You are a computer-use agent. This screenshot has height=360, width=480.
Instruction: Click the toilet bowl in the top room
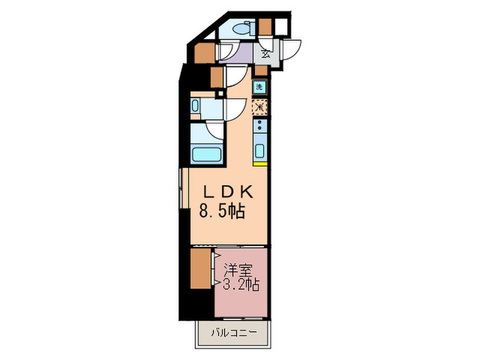(x=240, y=29)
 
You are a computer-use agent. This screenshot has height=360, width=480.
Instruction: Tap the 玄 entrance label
(x=264, y=54)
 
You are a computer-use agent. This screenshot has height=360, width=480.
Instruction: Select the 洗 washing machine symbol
(x=259, y=87)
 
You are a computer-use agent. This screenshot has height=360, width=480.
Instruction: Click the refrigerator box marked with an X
(x=259, y=107)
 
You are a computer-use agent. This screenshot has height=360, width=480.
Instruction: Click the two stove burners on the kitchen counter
(x=259, y=126)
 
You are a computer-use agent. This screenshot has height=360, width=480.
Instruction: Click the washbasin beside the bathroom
(x=195, y=106)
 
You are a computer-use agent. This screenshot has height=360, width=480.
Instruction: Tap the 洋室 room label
(x=240, y=269)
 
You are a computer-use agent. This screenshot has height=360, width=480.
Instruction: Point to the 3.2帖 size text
(x=240, y=284)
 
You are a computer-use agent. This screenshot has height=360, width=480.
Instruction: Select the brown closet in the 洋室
(x=200, y=269)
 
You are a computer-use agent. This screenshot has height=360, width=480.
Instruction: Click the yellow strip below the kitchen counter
(x=259, y=164)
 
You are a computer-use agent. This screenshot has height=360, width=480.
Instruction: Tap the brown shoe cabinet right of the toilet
(x=265, y=27)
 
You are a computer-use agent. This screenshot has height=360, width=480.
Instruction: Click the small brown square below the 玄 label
(x=261, y=70)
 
